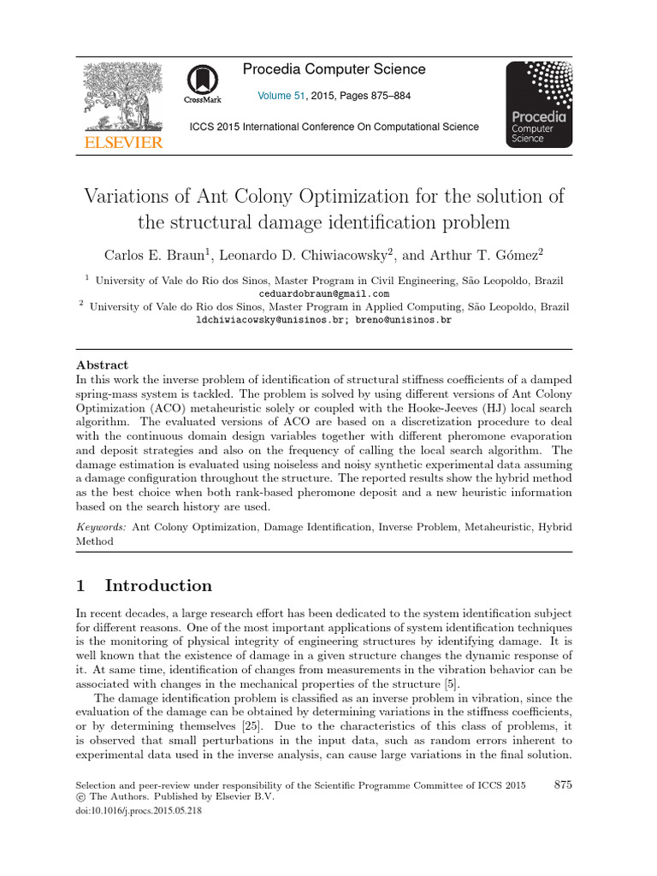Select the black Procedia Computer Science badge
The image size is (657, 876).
coord(539,104)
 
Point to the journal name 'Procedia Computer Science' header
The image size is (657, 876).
coord(334,69)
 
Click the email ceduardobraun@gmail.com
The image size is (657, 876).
coord(328,293)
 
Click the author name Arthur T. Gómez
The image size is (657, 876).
coord(500,255)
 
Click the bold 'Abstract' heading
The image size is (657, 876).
coord(103,364)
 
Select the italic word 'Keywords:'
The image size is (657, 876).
coord(101,529)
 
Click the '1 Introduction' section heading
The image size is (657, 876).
coord(144,586)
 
